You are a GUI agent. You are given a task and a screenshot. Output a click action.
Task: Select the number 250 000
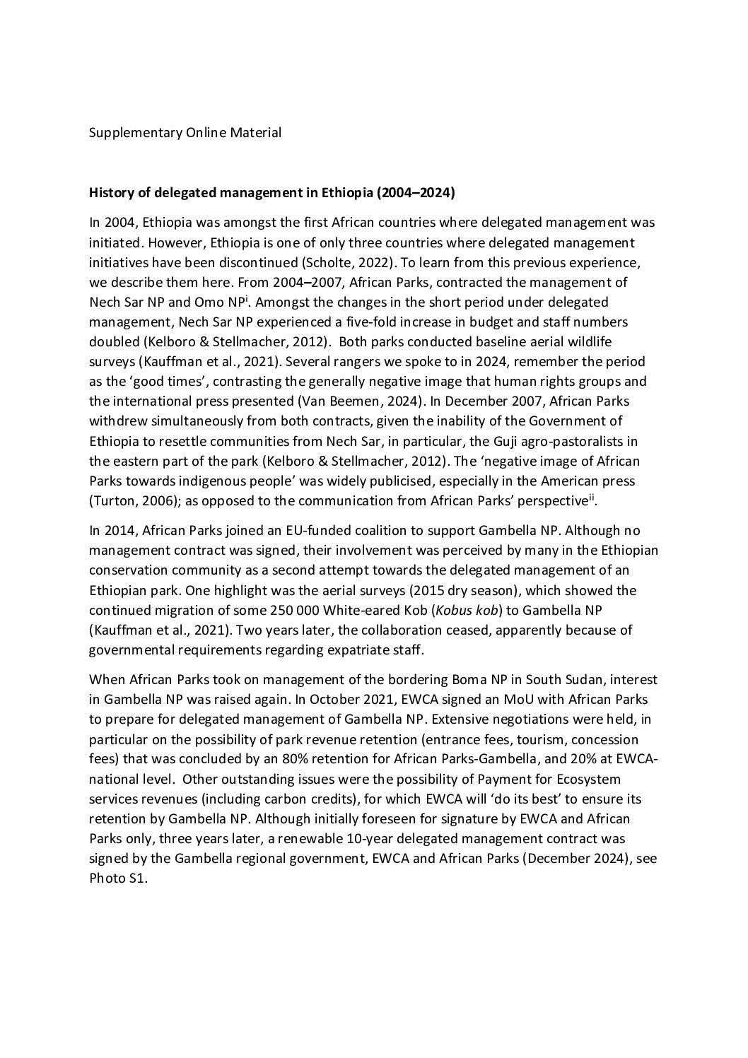coord(276,610)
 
